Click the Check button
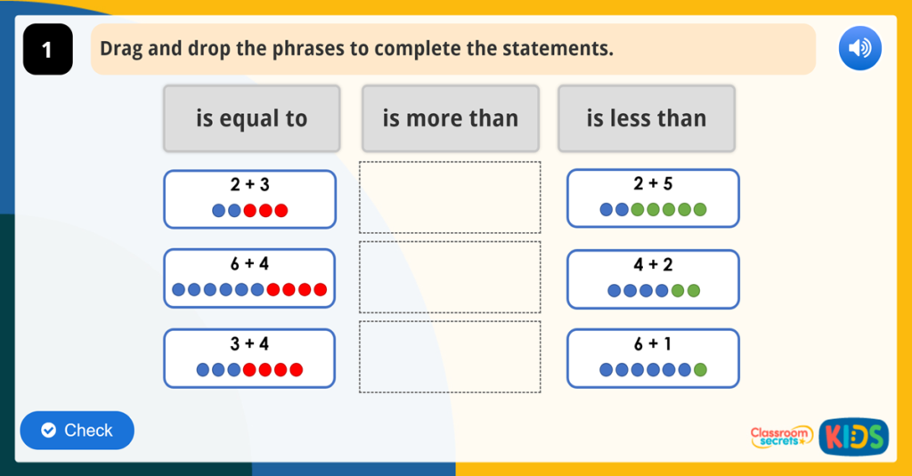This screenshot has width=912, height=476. coord(77,431)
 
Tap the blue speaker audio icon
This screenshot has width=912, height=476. coord(859,48)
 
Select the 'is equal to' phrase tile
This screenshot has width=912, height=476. coord(251,118)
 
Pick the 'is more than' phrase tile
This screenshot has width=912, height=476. coord(450,118)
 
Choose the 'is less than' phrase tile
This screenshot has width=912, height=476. coord(647,118)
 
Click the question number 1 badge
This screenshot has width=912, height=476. coord(47,51)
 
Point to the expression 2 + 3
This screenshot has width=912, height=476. coord(249,185)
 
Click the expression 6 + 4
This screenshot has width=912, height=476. coord(249,264)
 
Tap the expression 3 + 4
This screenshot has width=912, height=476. coord(249,344)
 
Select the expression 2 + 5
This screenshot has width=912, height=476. coord(653,184)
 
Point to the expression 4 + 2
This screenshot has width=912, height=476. coord(653,264)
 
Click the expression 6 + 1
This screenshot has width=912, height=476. coord(653,344)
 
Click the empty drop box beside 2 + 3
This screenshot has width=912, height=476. coord(450,198)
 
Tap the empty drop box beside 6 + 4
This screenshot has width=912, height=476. coord(450,277)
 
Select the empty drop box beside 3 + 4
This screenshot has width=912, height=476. coord(450,357)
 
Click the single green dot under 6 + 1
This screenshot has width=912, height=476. coord(700,369)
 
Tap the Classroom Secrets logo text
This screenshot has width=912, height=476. coord(781,436)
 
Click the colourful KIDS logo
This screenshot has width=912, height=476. coord(853,436)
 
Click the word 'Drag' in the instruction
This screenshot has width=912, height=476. coord(120,48)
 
